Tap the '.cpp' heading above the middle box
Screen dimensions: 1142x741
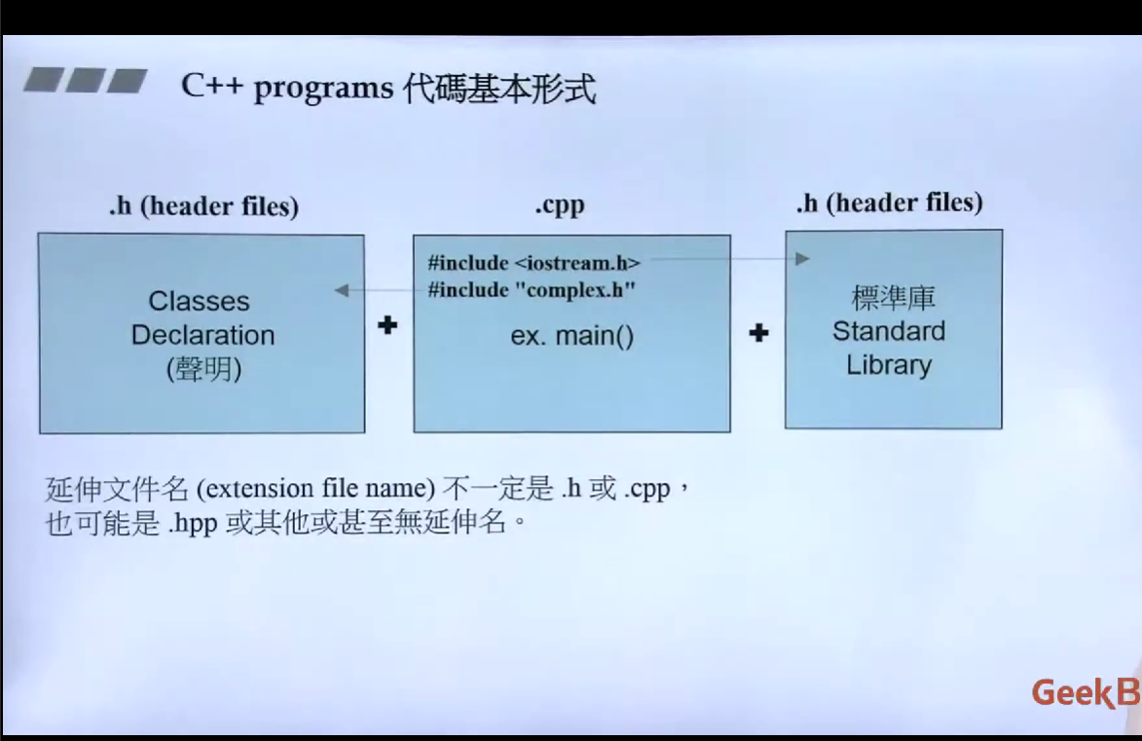point(559,206)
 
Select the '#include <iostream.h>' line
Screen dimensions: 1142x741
point(534,262)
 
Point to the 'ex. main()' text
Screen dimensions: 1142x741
point(571,337)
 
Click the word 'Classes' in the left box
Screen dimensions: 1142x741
point(200,301)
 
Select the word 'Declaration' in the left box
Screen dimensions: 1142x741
point(203,335)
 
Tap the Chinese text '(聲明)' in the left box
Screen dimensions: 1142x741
point(203,370)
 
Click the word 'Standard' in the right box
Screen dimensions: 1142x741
point(889,331)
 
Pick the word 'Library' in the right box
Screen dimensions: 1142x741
point(889,365)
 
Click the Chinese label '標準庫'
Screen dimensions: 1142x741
point(893,298)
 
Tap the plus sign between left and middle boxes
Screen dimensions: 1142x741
point(387,325)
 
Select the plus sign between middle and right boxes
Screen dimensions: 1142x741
point(758,333)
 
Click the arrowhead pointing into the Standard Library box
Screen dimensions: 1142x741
point(802,258)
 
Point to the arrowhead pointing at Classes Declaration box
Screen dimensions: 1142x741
point(341,290)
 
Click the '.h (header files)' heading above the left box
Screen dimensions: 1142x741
point(203,206)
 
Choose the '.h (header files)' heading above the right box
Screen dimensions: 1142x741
point(889,203)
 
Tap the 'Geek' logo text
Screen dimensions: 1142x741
point(1072,692)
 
